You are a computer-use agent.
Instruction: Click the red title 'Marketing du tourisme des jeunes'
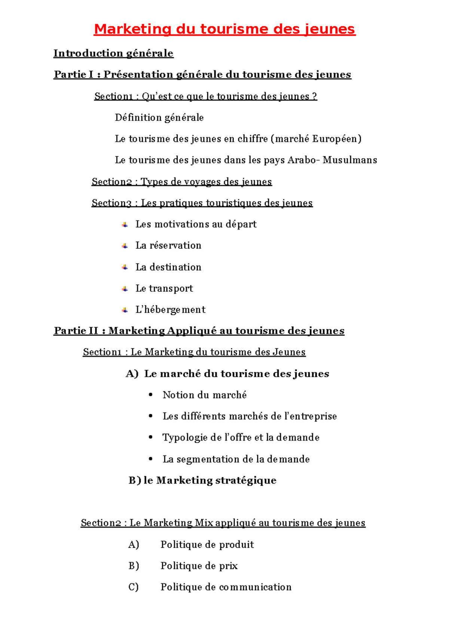point(224,29)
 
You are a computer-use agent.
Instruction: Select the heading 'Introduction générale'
point(113,53)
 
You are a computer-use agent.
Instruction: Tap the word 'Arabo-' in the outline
point(303,160)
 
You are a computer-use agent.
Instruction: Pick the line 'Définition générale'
point(159,118)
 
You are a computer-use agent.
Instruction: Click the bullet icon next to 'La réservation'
point(125,246)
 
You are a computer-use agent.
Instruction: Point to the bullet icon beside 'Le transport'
point(125,289)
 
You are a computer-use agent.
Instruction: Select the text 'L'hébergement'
point(170,310)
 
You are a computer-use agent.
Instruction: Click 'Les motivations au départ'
point(196,224)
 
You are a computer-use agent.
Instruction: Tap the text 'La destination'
point(168,267)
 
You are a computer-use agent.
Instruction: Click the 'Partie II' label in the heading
point(76,331)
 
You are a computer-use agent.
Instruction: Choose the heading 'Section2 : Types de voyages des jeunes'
point(181,182)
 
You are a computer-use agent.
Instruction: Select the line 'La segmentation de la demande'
point(236,459)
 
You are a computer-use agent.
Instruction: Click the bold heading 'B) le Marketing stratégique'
point(202,480)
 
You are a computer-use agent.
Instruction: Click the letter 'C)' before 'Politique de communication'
point(133,587)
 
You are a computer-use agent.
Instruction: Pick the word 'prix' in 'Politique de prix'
point(228,566)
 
